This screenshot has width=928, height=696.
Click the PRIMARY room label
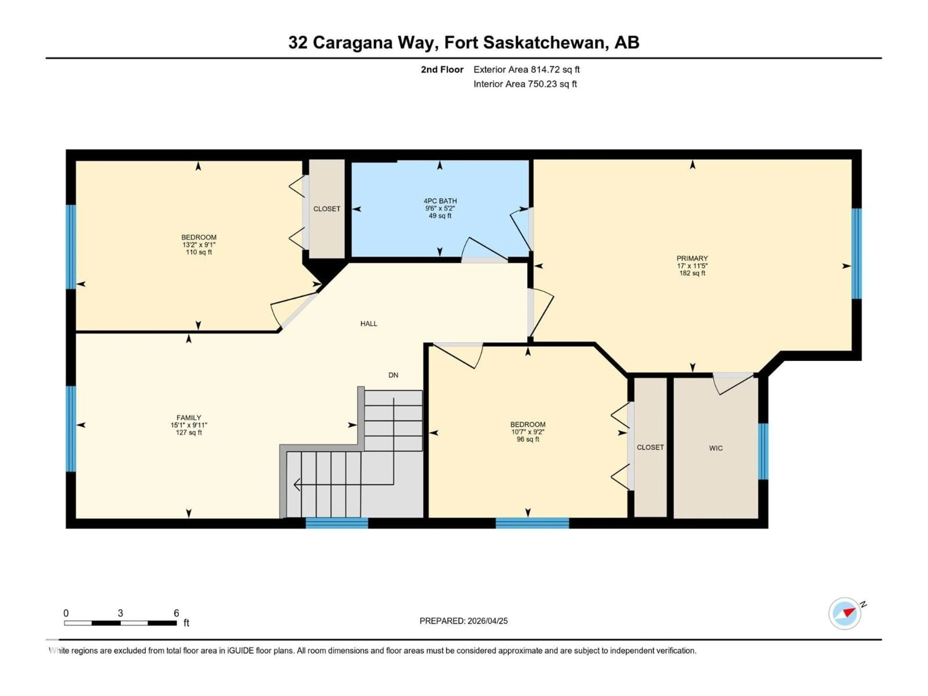coord(692,258)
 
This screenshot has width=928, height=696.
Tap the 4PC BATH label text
coord(440,201)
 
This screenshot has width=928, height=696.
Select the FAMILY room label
coord(189,417)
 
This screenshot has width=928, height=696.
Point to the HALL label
coord(369,323)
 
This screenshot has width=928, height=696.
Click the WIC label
coord(716,448)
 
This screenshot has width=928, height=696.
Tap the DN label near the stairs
coord(393,375)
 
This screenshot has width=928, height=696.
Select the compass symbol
coord(845,613)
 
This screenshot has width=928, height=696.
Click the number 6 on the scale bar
coord(177,613)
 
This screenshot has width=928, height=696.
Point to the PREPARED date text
coord(464,621)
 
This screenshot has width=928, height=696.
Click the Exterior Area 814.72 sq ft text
coord(527,70)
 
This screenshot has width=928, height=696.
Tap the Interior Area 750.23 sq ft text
coord(525,84)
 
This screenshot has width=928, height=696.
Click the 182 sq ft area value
coord(692,273)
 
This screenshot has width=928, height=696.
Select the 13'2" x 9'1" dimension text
coord(199,245)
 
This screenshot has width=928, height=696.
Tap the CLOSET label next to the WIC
coord(650,447)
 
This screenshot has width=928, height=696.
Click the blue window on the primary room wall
coord(857,254)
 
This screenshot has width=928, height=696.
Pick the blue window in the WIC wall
coord(763,451)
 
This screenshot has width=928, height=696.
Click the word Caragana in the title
coord(352,42)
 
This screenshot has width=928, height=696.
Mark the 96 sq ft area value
coord(528,439)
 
